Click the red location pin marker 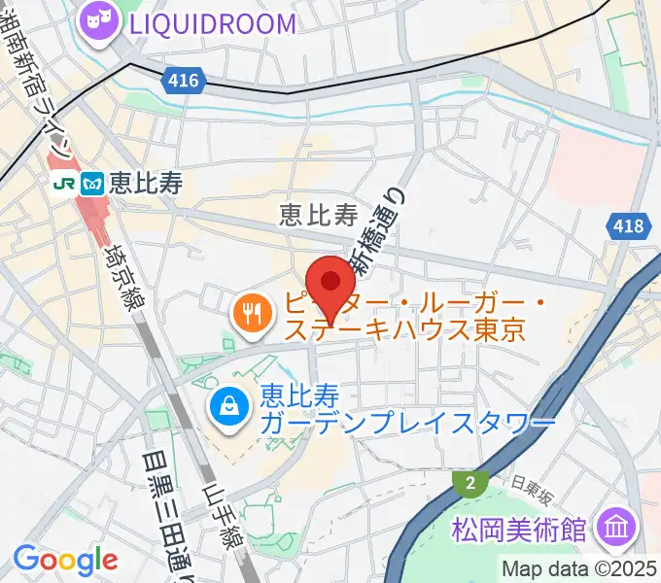(332, 283)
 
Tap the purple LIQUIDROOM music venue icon (99, 21)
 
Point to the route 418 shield (628, 226)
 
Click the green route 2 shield (470, 481)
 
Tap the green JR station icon (65, 182)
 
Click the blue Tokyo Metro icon (94, 182)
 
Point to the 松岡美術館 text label (519, 530)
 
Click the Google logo (64, 560)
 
